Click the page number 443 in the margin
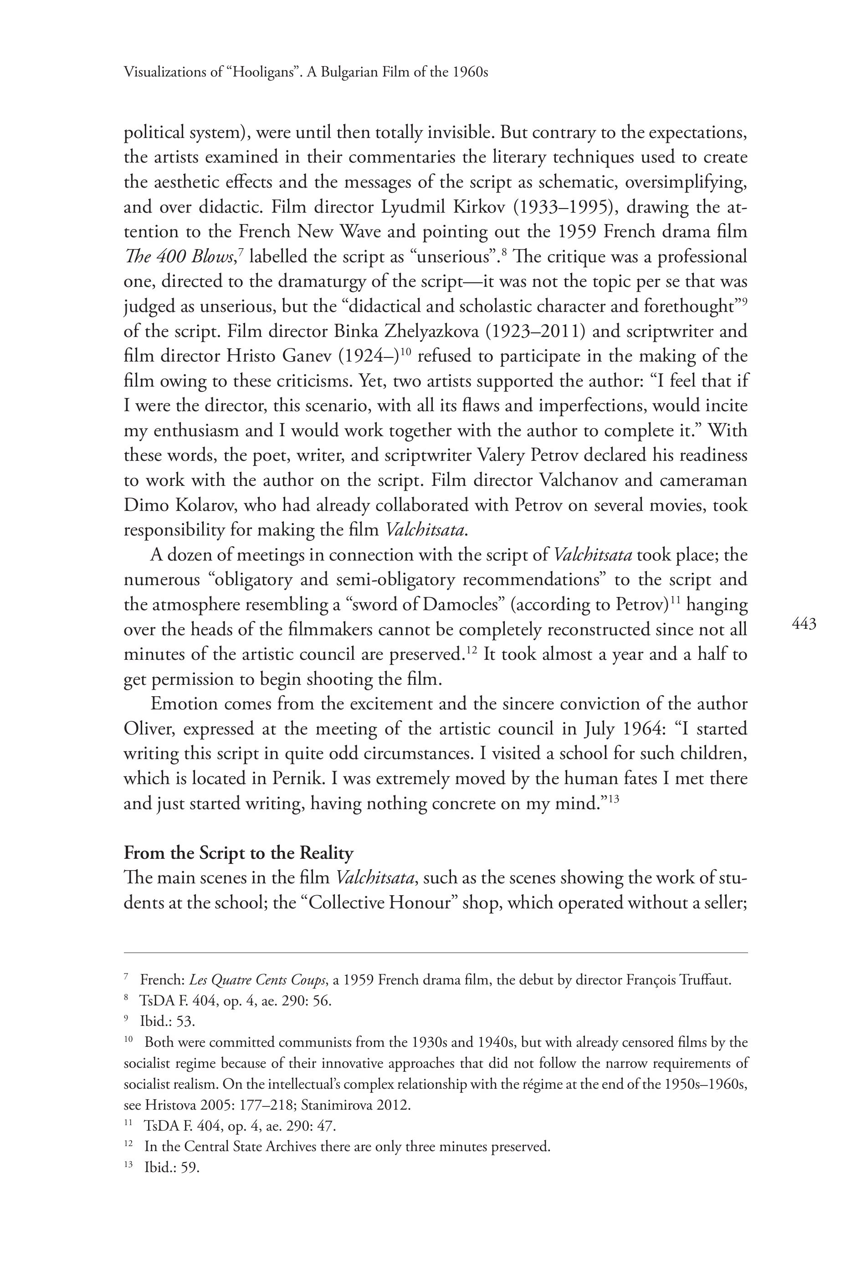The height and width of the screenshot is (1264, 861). coord(804,624)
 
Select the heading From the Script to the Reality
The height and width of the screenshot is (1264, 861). coord(238,852)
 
